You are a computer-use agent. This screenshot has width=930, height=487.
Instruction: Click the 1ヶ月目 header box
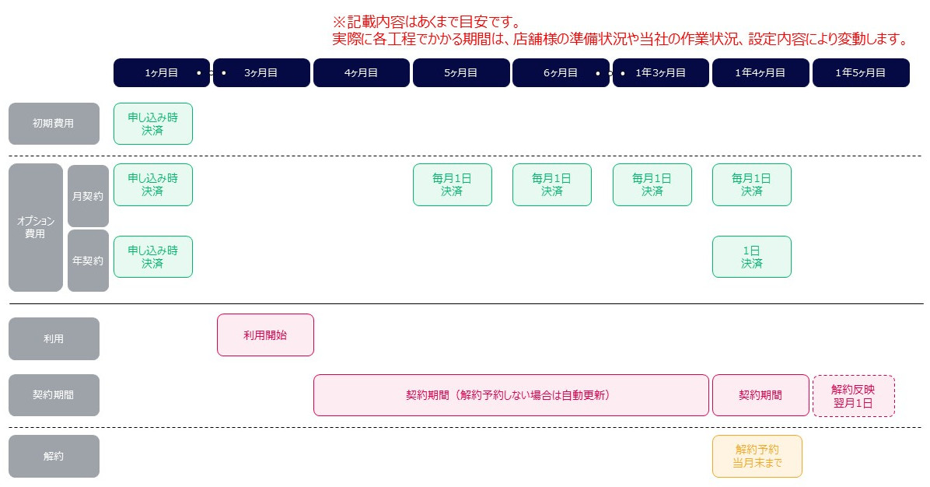(x=161, y=73)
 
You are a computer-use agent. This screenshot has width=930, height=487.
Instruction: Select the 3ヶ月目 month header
(x=261, y=73)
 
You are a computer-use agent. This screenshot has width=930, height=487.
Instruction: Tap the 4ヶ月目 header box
(x=362, y=73)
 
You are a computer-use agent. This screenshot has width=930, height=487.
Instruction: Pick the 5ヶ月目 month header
(x=461, y=73)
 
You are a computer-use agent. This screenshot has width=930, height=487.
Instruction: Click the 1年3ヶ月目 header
(x=661, y=73)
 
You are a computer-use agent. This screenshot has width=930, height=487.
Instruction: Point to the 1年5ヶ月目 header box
(x=861, y=73)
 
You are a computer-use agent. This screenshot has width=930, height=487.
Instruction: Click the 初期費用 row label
(x=54, y=124)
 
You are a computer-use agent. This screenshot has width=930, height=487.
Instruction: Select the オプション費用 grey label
(x=36, y=227)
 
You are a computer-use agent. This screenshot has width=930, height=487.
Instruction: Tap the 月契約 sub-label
(x=88, y=196)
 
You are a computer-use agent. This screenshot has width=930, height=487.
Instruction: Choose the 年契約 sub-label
(x=88, y=261)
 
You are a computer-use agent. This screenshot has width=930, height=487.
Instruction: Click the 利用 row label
(x=54, y=338)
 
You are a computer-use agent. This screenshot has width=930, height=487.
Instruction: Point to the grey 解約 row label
(x=54, y=456)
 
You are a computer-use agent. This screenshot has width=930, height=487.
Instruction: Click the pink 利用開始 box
(x=265, y=335)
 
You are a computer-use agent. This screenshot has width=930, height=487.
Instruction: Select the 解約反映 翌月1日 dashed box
(x=854, y=396)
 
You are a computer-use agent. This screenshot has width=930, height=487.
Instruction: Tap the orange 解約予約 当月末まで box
(x=757, y=456)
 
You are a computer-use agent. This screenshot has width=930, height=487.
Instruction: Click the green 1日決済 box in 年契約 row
(x=751, y=257)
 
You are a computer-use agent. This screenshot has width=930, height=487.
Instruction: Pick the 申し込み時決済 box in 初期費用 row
(x=153, y=124)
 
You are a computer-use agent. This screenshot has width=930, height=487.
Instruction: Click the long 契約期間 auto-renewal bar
(x=511, y=395)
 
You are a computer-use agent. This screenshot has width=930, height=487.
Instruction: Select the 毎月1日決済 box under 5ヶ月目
(x=453, y=184)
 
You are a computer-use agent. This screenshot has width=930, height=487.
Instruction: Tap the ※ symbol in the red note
(x=339, y=23)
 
